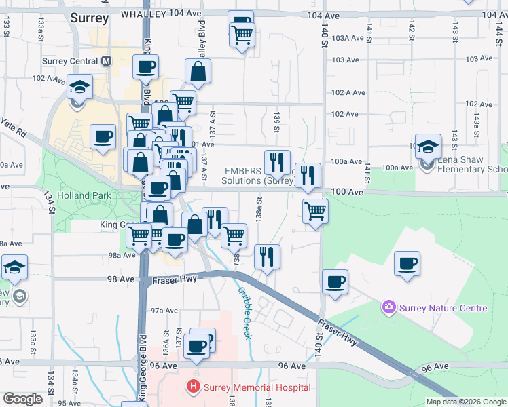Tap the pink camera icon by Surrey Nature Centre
coord(389,308)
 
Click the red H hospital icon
coord(194,387)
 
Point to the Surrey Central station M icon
coord(107,60)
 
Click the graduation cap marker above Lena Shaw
coord(429,146)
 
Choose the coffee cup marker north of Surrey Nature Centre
coord(407,263)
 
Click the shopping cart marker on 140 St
coord(316,211)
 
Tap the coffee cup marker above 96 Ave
coord(197,345)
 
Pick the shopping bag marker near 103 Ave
coord(198,71)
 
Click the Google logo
coord(23,399)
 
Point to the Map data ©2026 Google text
coord(467,402)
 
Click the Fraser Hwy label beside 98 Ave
coord(170,279)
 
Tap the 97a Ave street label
coord(164,310)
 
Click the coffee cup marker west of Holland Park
coord(103,138)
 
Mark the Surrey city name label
coord(89,18)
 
